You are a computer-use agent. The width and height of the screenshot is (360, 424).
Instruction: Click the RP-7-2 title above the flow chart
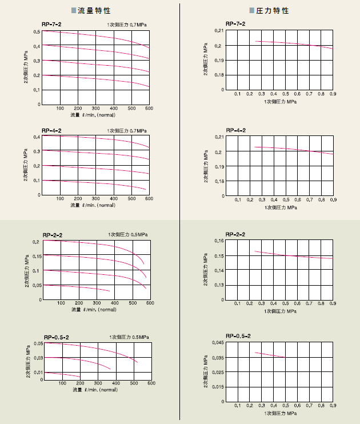point(51,24)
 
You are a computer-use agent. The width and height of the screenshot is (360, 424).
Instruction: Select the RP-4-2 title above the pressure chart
point(235,131)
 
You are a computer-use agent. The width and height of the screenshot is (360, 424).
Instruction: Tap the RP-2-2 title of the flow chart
point(53,235)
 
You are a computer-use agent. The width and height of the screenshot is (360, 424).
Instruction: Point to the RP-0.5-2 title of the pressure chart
point(238,336)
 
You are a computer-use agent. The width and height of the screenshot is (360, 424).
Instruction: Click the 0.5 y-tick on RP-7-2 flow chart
point(36,31)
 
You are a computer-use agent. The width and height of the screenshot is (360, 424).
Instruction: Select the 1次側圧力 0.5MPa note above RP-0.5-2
point(129,337)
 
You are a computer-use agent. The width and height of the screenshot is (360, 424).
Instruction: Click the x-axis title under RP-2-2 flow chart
point(94,310)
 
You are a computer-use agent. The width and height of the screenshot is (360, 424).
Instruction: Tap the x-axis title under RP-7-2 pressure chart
point(280,101)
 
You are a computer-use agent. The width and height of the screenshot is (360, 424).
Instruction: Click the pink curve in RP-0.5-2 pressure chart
point(270,355)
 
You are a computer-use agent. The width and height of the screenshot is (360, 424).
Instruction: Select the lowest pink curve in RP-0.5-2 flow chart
point(63,374)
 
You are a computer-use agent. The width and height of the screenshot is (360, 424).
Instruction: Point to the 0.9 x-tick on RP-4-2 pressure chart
point(333,199)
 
